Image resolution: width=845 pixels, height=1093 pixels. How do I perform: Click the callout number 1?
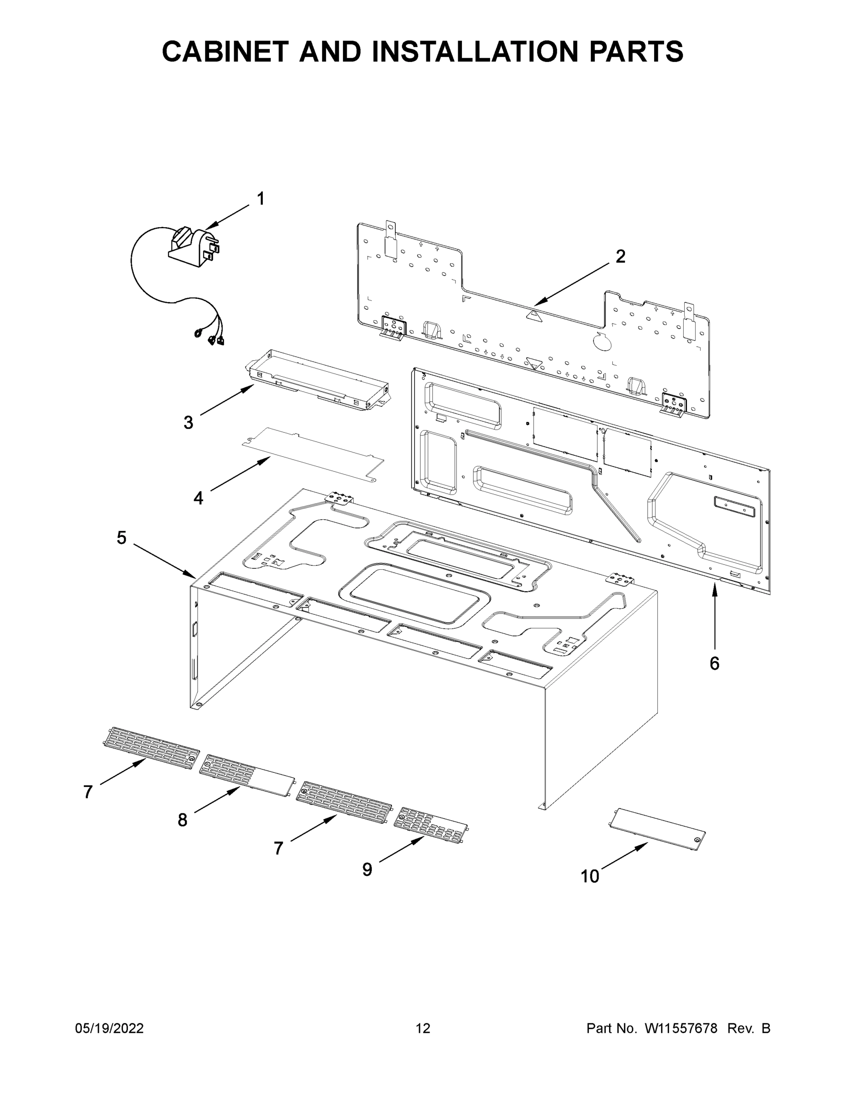click(x=260, y=199)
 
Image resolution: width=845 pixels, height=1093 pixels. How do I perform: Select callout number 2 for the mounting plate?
click(x=620, y=257)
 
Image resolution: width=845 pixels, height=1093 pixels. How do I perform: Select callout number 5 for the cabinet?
click(x=122, y=538)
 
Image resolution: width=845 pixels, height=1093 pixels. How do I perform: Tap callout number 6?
click(x=714, y=663)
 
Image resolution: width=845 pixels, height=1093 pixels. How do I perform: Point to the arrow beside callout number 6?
click(x=714, y=616)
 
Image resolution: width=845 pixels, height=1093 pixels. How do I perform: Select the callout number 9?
click(x=368, y=870)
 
